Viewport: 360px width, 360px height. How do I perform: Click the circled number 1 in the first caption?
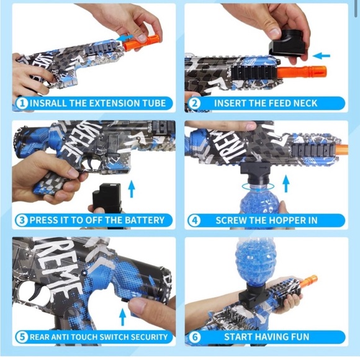22,104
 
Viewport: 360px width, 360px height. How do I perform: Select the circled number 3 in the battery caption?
22,220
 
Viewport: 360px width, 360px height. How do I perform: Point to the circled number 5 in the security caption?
22,337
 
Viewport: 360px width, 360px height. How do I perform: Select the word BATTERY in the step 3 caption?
140,220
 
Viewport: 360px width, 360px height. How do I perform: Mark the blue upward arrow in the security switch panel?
122,317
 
